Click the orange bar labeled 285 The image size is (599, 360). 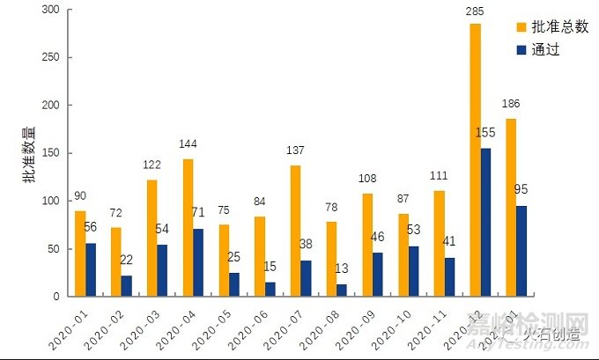click(x=475, y=159)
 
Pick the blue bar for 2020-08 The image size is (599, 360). click(x=342, y=290)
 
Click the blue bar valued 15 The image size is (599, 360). click(x=270, y=289)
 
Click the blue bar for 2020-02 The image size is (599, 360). click(x=127, y=285)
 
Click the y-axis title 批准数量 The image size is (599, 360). click(x=28, y=154)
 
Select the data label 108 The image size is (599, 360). click(x=368, y=177)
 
